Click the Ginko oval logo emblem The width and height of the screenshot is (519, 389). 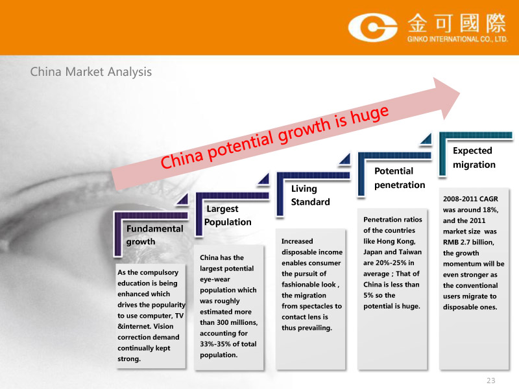click(372, 27)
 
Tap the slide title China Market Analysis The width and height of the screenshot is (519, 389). click(91, 72)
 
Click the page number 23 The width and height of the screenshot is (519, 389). click(491, 381)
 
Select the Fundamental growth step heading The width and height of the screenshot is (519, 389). click(154, 235)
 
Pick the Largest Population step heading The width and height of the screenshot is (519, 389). click(228, 215)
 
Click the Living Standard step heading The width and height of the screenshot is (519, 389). click(311, 195)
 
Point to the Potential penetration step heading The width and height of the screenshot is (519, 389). click(400, 178)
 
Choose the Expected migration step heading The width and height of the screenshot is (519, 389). click(474, 158)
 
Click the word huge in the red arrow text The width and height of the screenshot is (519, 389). click(370, 115)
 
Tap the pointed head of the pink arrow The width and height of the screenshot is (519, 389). click(459, 93)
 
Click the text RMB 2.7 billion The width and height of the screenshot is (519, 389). click(468, 242)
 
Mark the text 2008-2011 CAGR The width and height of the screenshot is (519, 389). click(470, 199)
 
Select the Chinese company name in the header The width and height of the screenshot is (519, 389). click(457, 23)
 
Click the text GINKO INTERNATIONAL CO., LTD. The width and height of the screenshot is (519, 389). click(457, 39)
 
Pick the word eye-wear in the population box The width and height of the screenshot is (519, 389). click(215, 279)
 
